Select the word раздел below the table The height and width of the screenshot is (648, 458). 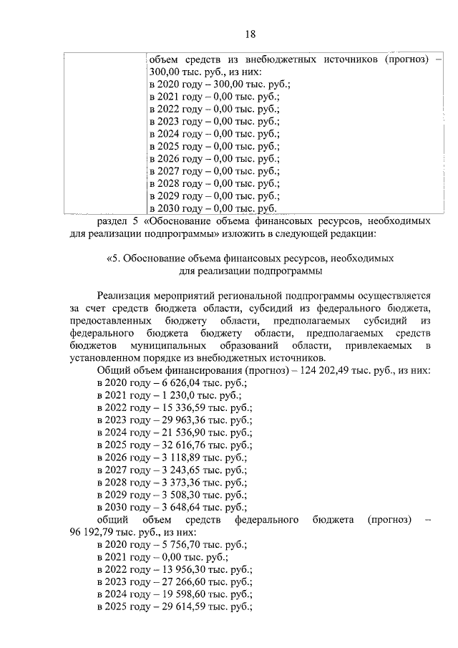click(112, 221)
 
